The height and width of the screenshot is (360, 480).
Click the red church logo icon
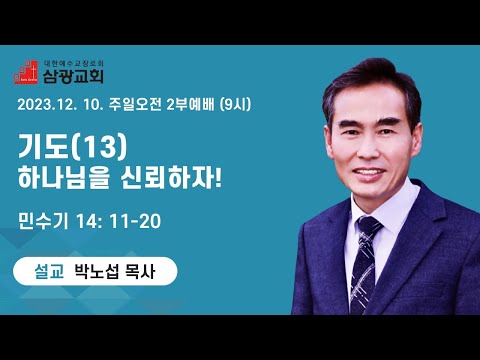tap(26, 72)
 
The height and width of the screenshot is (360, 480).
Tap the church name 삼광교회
tap(73, 76)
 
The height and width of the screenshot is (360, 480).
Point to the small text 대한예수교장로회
tap(73, 63)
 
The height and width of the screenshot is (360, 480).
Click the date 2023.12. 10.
tap(60, 105)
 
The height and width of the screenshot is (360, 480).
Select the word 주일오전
tap(135, 105)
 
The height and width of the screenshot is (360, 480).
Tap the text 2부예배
tap(190, 105)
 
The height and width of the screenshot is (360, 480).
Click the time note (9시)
tap(235, 105)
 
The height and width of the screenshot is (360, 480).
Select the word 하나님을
tap(63, 177)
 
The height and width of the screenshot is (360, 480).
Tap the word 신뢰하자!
tap(170, 177)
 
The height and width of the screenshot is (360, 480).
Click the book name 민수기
tap(43, 221)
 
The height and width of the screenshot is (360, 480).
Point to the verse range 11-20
tap(135, 221)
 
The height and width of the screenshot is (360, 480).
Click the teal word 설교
tap(49, 271)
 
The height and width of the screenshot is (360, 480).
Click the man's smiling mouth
tap(369, 173)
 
